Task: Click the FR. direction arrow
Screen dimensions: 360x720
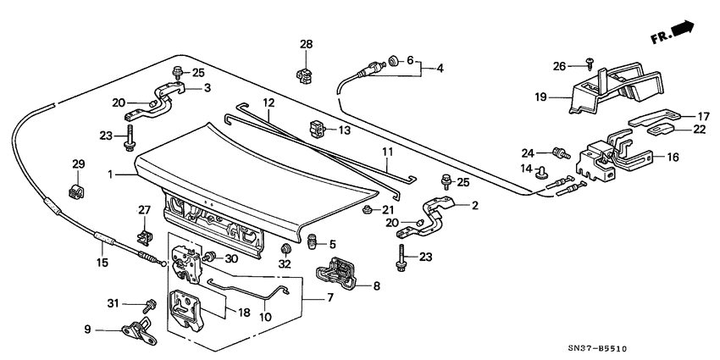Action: pos(684,31)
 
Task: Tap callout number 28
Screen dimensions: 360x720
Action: pos(306,44)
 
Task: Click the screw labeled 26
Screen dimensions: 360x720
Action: pos(589,64)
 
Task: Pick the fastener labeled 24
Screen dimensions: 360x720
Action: pos(558,152)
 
